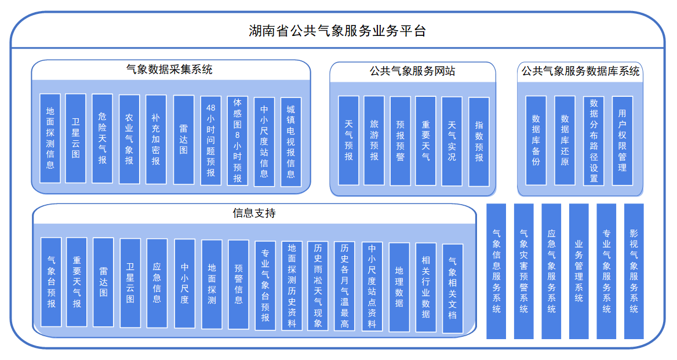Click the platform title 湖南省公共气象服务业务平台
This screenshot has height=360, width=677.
[337, 31]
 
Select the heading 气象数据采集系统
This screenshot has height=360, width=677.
[169, 70]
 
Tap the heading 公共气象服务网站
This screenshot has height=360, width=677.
[412, 71]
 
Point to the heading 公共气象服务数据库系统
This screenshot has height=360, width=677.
[580, 71]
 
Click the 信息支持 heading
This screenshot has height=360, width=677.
[254, 213]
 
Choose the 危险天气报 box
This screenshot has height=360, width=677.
[102, 139]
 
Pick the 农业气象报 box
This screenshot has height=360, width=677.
[129, 139]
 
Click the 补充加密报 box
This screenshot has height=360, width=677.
[156, 139]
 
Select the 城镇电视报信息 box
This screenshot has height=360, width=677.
[291, 141]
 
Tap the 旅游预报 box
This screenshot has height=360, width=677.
[374, 140]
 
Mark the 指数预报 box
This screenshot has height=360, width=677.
[479, 141]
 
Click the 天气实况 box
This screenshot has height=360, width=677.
[452, 141]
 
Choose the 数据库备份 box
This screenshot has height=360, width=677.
[536, 140]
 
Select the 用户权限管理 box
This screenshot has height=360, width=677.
[622, 140]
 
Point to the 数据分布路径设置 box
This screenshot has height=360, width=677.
[594, 141]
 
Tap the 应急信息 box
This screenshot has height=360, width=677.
[157, 282]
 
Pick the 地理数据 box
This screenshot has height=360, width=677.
[399, 287]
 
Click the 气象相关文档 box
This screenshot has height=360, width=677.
[453, 288]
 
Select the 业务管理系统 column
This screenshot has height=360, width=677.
[578, 271]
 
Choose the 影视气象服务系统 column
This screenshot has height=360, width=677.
[634, 271]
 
